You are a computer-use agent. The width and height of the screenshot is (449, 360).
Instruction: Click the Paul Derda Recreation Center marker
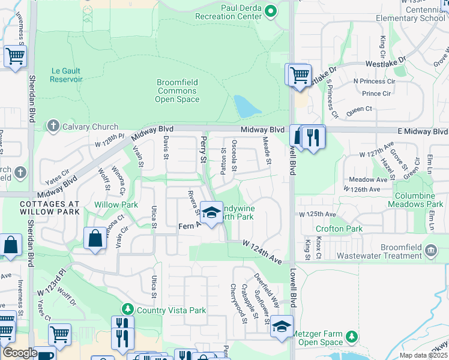click(x=271, y=11)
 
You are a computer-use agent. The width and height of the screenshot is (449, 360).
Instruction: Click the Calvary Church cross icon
click(x=53, y=126)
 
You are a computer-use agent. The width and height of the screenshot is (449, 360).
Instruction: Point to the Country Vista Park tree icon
click(x=127, y=310)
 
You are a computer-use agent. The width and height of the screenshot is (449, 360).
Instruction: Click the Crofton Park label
click(x=340, y=229)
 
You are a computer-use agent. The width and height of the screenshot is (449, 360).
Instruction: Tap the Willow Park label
click(x=116, y=205)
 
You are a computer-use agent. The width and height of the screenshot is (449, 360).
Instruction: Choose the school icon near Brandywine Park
click(x=211, y=212)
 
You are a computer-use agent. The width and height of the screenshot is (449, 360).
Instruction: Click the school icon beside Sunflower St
click(x=280, y=327)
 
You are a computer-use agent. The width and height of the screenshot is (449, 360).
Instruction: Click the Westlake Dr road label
click(x=386, y=62)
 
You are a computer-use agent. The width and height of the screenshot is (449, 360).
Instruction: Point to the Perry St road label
click(x=203, y=150)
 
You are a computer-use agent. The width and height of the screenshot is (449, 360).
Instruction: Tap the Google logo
click(x=19, y=352)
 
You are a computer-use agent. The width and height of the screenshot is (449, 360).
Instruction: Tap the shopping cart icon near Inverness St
click(x=15, y=57)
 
